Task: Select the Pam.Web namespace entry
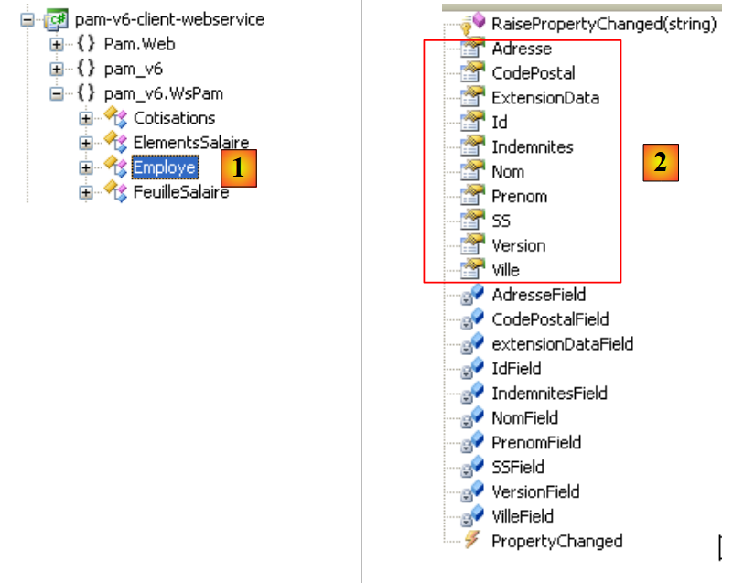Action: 139,44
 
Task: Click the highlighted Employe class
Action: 165,167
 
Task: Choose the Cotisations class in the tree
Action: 174,118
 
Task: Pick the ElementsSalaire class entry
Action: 190,143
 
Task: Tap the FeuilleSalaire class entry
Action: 180,192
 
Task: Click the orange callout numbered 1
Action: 239,168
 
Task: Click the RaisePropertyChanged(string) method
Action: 603,24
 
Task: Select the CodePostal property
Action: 533,73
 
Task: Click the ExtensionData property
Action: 545,98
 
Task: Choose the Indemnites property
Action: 532,147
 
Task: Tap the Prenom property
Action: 519,197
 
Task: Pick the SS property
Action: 501,221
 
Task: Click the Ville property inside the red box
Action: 505,271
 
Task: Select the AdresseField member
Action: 538,295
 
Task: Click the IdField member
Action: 516,369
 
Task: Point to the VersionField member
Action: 535,492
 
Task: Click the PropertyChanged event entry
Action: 556,542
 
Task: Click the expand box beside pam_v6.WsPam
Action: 57,93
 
